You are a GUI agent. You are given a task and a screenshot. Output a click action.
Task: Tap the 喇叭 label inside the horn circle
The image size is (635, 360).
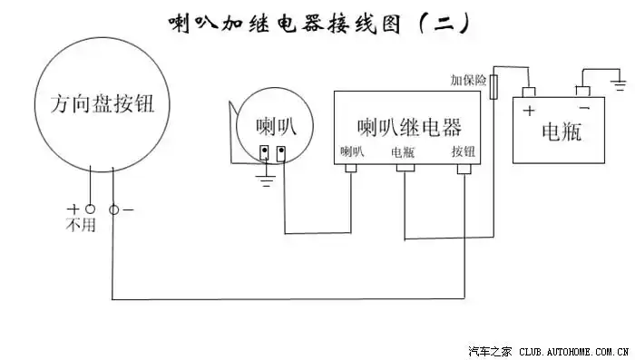pyautogui.click(x=275, y=124)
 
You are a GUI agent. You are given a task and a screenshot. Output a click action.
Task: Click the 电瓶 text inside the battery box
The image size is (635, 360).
pyautogui.click(x=561, y=132)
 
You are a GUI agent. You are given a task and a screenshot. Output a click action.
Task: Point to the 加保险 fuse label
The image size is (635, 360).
pyautogui.click(x=468, y=81)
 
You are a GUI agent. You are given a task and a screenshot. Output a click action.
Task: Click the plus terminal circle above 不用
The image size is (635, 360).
pyautogui.click(x=90, y=209)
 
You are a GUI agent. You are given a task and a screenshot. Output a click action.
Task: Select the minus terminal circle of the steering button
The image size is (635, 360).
pyautogui.click(x=113, y=209)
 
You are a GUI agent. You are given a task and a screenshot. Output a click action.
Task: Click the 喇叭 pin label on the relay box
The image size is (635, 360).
pyautogui.click(x=351, y=152)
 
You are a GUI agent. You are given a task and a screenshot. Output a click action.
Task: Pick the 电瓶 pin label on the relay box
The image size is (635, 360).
pyautogui.click(x=403, y=152)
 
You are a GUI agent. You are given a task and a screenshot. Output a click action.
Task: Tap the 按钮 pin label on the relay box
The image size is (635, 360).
pyautogui.click(x=464, y=152)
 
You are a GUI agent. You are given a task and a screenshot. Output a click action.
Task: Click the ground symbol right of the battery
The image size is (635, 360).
pyautogui.click(x=620, y=86)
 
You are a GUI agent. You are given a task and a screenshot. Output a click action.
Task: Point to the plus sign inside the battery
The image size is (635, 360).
pyautogui.click(x=529, y=112)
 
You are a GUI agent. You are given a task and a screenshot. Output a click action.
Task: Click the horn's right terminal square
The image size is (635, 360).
pyautogui.click(x=282, y=151)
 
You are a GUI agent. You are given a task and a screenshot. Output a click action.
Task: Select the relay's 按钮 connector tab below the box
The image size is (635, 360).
pyautogui.click(x=464, y=169)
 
